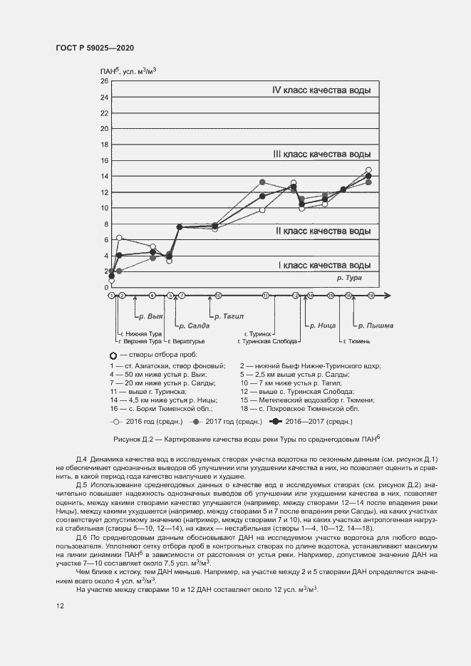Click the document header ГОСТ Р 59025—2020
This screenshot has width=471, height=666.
(94, 48)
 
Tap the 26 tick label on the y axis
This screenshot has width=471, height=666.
(103, 81)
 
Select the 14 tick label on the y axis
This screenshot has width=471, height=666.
(103, 177)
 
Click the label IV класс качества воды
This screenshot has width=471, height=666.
(321, 90)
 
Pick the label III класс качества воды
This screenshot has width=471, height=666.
(321, 154)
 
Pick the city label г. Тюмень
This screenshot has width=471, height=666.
(358, 341)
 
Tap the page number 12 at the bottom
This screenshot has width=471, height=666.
(61, 605)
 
